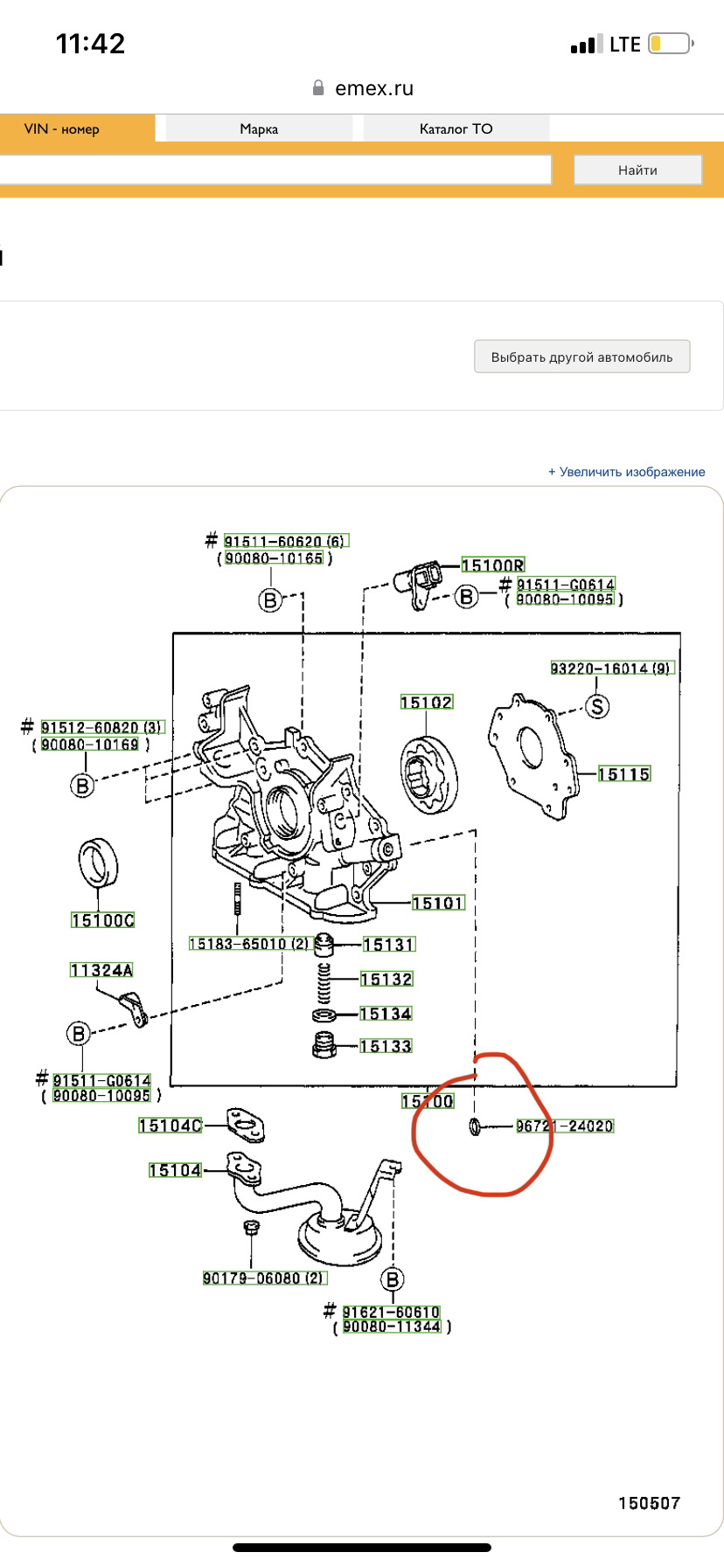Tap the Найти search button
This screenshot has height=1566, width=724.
pos(637,170)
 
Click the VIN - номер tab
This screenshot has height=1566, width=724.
pos(61,128)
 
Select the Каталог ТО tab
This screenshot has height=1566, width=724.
pos(456,128)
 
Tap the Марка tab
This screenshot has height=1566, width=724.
pos(259,128)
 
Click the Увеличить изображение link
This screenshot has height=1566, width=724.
pos(626,472)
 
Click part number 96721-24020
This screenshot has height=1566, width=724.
pos(565,1126)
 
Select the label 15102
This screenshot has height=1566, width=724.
pos(426,702)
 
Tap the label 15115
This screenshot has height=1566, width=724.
pos(624,773)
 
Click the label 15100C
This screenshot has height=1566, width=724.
pos(103,920)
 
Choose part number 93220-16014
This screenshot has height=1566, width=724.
pos(611,669)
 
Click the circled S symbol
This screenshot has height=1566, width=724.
pos(597,706)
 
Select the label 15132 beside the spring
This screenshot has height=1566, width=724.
pos(386,980)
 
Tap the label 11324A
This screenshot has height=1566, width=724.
pos(101,970)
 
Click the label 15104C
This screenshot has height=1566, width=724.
pos(170,1126)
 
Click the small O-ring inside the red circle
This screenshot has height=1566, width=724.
pos(475,1126)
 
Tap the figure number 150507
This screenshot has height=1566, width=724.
pos(649,1503)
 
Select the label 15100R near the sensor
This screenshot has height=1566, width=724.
pos(492,565)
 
